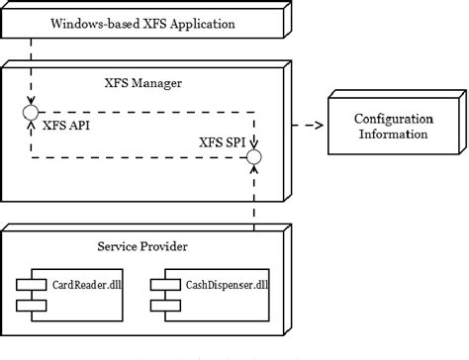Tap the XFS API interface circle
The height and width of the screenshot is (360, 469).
[x=31, y=114]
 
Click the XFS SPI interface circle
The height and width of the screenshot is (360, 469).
[x=254, y=157]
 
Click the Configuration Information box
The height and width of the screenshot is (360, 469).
[x=391, y=126]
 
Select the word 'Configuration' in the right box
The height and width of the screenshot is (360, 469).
[x=392, y=119]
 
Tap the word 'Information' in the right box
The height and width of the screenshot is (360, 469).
[x=392, y=134]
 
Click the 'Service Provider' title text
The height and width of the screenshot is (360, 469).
[x=142, y=245]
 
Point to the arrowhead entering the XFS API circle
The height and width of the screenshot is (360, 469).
[x=31, y=102]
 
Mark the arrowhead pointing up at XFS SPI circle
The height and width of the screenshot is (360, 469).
[x=254, y=170]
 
